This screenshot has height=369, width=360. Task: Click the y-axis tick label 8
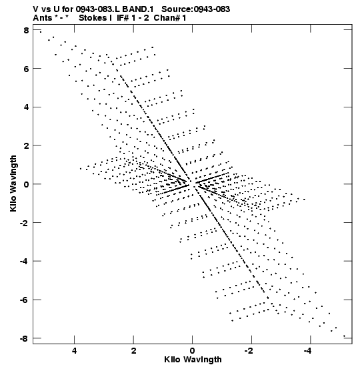(26, 30)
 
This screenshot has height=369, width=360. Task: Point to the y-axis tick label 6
(26, 69)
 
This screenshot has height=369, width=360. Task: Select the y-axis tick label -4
(24, 261)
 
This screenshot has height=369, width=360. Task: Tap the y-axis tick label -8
(24, 338)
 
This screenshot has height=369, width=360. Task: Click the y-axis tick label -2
(24, 223)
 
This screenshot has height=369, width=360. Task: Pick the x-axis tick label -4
(308, 351)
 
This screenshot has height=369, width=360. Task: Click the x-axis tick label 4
(75, 351)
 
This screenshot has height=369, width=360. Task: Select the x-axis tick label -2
(249, 351)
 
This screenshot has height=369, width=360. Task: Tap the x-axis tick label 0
(193, 351)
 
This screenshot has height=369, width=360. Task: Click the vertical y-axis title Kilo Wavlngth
(13, 183)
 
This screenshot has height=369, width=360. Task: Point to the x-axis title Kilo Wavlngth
(193, 360)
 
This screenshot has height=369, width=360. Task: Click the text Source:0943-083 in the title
(196, 9)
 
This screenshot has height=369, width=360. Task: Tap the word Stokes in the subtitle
(93, 18)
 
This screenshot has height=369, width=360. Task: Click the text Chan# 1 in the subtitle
(170, 18)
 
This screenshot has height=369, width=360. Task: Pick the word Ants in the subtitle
(43, 18)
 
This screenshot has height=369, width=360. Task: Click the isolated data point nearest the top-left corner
(41, 32)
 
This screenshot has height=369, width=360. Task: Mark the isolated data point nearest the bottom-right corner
(344, 336)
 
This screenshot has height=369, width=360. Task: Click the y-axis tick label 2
(26, 145)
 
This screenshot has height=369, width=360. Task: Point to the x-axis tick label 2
(133, 351)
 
